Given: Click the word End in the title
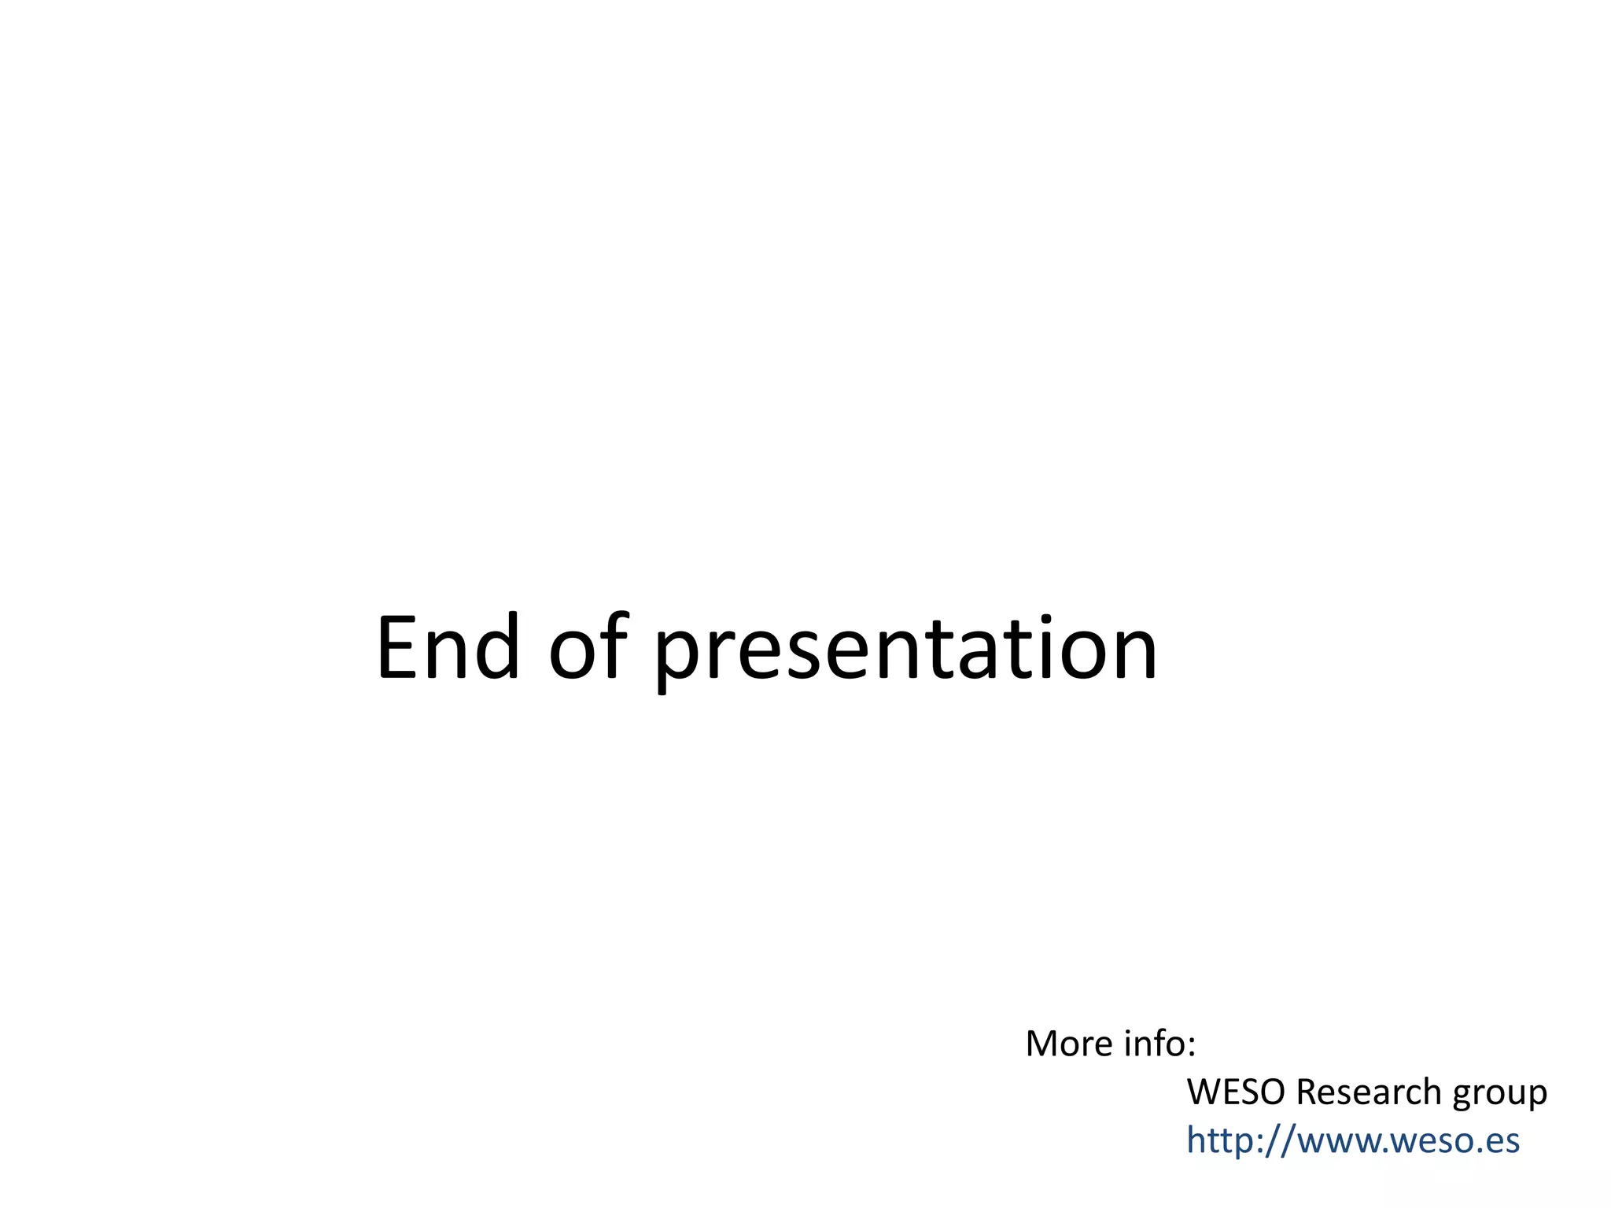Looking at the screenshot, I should (x=447, y=649).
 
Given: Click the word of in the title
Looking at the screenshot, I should (x=588, y=649).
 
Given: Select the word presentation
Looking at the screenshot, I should (x=905, y=653).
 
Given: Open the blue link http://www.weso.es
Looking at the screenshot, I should (x=1352, y=1140).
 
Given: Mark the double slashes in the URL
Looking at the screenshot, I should (x=1280, y=1141).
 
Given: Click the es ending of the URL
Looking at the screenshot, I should (x=1502, y=1143).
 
